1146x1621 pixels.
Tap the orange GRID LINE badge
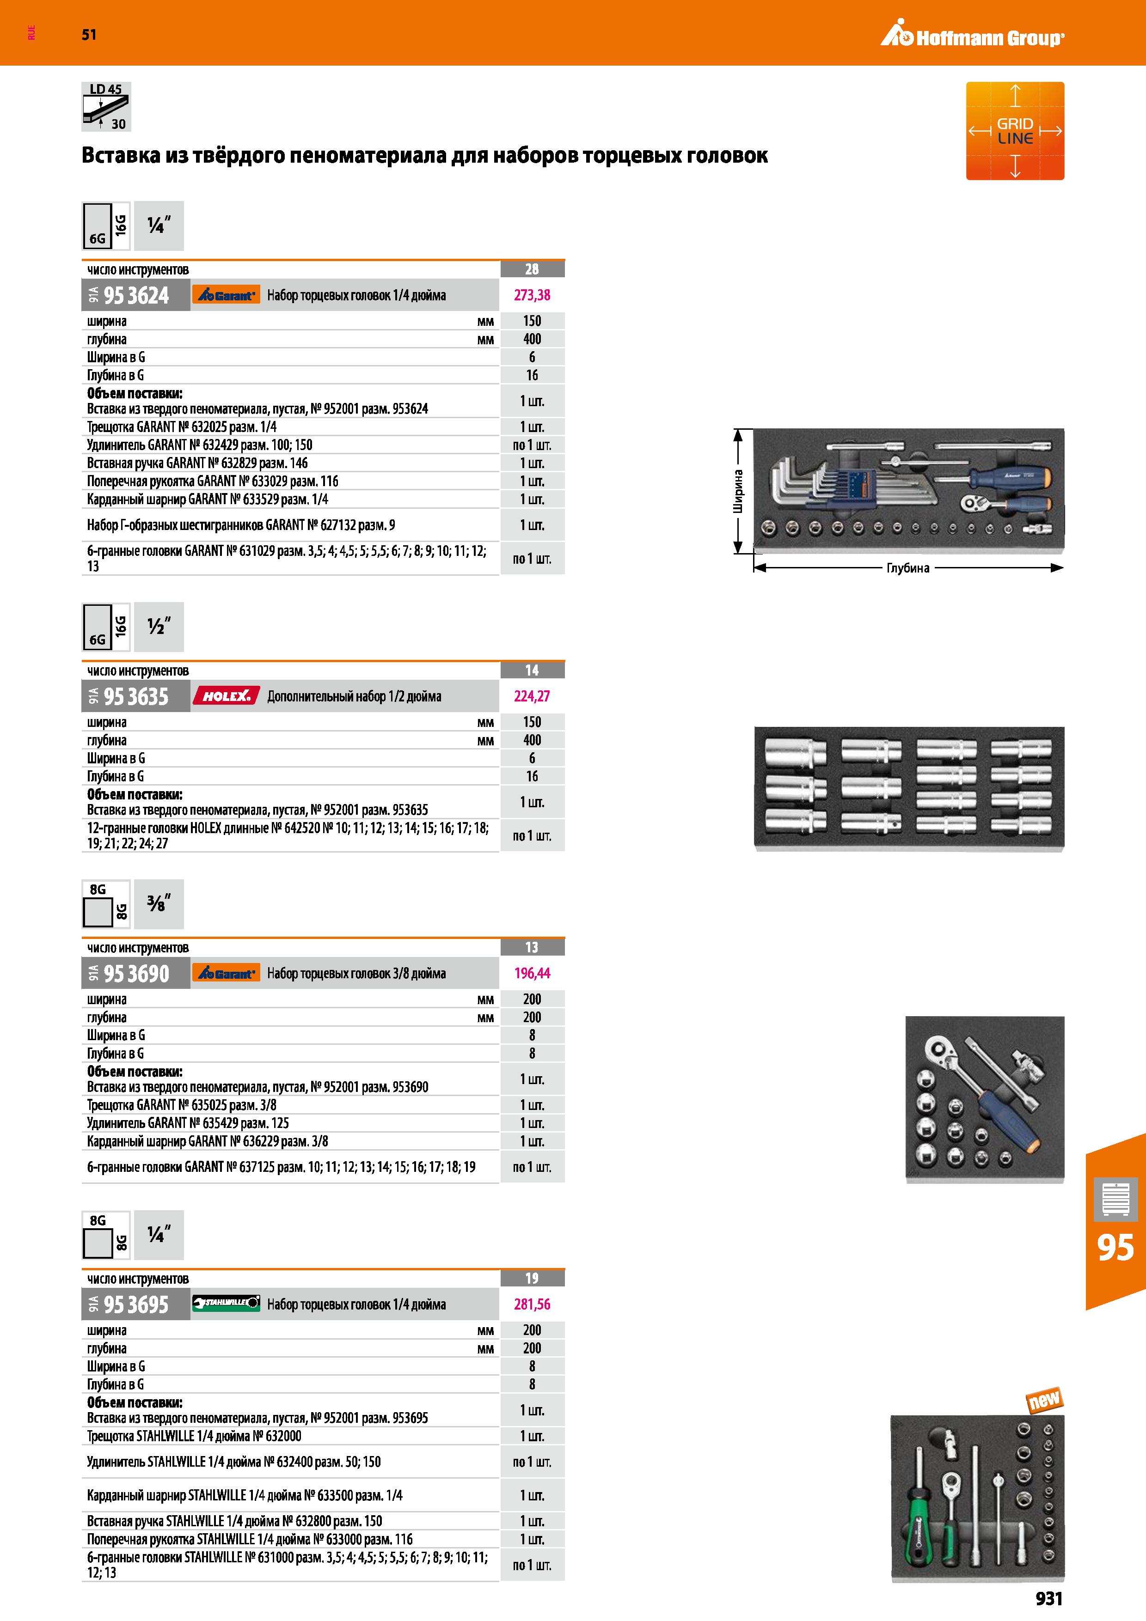pyautogui.click(x=1015, y=131)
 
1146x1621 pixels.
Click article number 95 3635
pyautogui.click(x=136, y=696)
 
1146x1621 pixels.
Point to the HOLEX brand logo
pyautogui.click(x=226, y=696)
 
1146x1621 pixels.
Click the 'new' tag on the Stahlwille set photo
pyautogui.click(x=1044, y=1399)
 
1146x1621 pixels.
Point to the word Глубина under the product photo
pyautogui.click(x=908, y=567)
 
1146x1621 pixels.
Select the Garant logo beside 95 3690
pyautogui.click(x=226, y=973)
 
